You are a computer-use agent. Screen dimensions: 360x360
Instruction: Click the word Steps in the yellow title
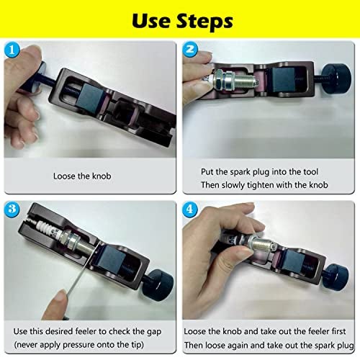point(204,21)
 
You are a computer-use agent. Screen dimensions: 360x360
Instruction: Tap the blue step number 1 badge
point(12,50)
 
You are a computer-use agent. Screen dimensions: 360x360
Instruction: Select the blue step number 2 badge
point(190,50)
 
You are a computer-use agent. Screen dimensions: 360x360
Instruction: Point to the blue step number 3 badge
point(12,209)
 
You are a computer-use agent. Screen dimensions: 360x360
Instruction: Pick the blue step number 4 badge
point(190,210)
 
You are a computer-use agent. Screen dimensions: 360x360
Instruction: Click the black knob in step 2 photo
point(337,78)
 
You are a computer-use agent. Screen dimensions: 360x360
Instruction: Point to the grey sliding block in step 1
point(91,96)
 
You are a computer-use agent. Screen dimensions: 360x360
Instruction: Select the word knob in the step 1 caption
point(102,176)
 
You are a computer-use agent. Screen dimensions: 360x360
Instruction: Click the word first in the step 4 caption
point(338,331)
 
